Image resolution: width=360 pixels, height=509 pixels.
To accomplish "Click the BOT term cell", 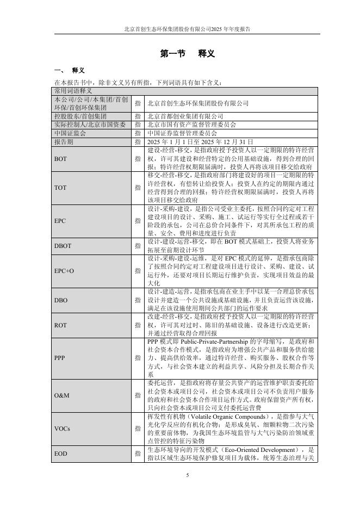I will pyautogui.click(x=60, y=158).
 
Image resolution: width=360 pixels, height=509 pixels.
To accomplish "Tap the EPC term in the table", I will pyautogui.click(x=60, y=222).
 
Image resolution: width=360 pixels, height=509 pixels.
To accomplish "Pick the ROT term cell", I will pyautogui.click(x=60, y=325).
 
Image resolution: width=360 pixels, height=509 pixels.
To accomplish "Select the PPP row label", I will pyautogui.click(x=60, y=358).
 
